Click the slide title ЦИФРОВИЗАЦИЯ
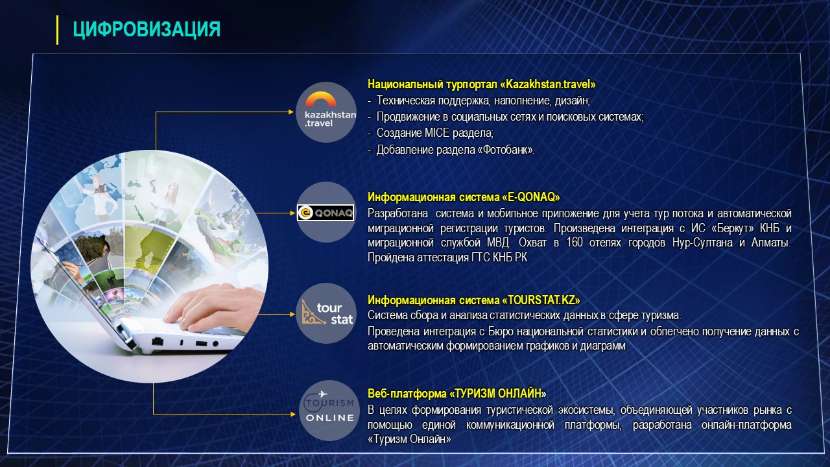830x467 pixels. (x=147, y=29)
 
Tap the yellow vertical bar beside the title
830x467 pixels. (x=58, y=30)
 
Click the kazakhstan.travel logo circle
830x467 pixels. (x=326, y=112)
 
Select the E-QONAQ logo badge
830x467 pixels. (x=326, y=213)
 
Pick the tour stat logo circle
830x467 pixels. (x=326, y=313)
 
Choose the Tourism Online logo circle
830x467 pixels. (x=329, y=411)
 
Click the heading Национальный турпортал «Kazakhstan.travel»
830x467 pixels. (x=481, y=84)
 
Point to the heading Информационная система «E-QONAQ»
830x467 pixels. (x=464, y=197)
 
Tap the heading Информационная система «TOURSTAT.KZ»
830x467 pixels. (x=473, y=300)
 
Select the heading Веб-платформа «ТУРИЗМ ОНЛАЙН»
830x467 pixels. (x=457, y=393)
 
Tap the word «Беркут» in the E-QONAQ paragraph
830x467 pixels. (x=733, y=228)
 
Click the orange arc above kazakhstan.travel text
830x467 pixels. (x=321, y=99)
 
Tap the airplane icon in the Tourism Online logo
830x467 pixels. (x=322, y=394)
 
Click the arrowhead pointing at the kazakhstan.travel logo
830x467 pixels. (x=291, y=112)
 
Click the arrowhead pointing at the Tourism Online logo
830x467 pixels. (x=293, y=414)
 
